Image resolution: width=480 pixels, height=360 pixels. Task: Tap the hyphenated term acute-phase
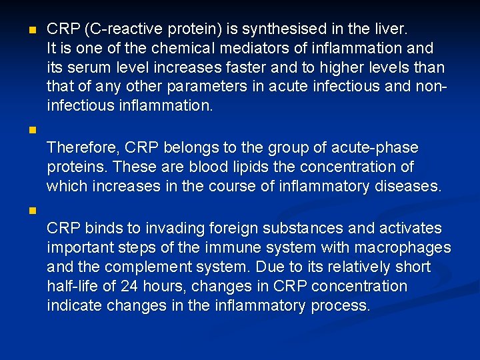[376, 147]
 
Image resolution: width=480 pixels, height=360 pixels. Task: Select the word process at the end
[340, 306]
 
